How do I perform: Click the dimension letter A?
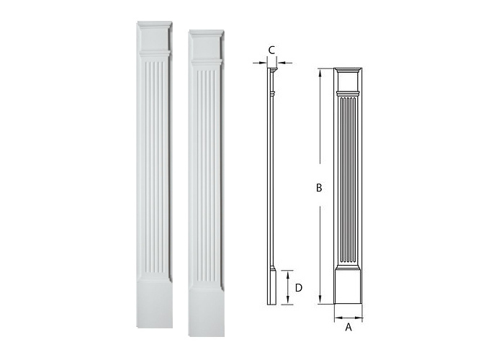click(x=348, y=327)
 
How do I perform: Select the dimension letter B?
click(x=318, y=188)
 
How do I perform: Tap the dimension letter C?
click(x=271, y=49)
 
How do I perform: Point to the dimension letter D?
click(x=297, y=287)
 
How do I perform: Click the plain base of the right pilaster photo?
click(x=207, y=310)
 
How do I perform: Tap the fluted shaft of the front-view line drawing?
click(x=348, y=180)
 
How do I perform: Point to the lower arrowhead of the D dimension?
click(x=287, y=302)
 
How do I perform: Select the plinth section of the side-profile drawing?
click(x=271, y=287)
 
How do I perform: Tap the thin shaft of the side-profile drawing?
click(x=271, y=180)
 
